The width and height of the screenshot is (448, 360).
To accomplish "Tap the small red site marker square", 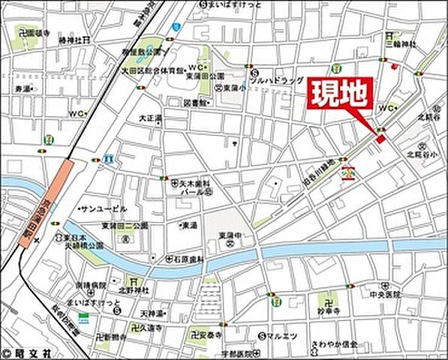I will pyautogui.click(x=380, y=139).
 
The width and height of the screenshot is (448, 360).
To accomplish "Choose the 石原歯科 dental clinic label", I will pyautogui.click(x=179, y=256).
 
